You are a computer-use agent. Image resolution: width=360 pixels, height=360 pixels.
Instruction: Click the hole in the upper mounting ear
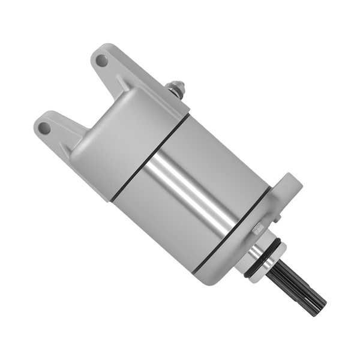tap(101, 61)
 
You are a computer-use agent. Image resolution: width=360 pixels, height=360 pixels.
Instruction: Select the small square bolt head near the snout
tap(258, 229)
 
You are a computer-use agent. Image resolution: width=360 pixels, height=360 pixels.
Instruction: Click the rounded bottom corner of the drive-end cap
tap(207, 273)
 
